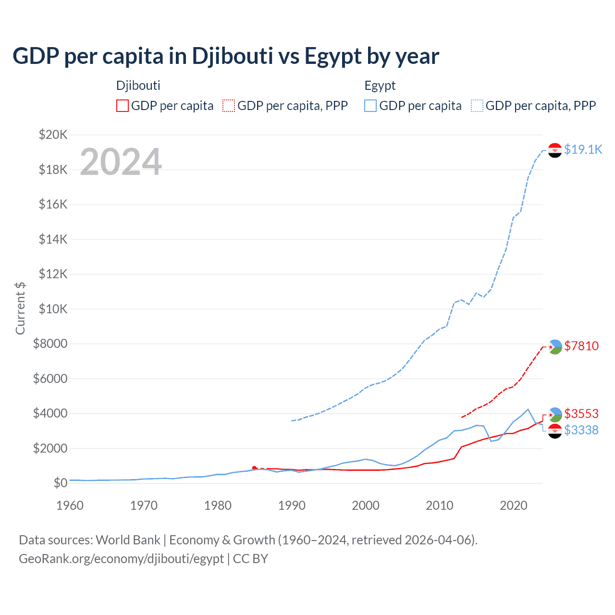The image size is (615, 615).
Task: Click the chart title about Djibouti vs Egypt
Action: [x=226, y=56]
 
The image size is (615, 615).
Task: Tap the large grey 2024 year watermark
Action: [x=121, y=162]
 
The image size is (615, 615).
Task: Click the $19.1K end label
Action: [x=583, y=149]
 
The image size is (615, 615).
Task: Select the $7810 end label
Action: [x=581, y=346]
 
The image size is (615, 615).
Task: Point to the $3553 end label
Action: [x=581, y=414]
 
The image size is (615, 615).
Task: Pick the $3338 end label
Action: [x=581, y=430]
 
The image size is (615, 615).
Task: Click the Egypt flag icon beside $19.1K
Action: [x=555, y=150]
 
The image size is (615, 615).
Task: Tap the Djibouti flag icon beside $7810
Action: [x=555, y=346]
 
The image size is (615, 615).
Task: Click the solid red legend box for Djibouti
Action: [x=123, y=106]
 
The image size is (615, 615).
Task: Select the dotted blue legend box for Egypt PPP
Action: [x=477, y=106]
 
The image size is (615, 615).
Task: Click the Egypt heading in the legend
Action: [x=380, y=86]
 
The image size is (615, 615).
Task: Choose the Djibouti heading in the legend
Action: [x=138, y=86]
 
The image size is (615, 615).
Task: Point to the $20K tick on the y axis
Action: [x=53, y=135]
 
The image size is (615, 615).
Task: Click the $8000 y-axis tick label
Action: [x=50, y=344]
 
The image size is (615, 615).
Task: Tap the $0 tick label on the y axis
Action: [x=61, y=483]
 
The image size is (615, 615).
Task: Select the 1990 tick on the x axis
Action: [x=292, y=505]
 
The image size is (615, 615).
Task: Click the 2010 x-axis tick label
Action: [x=440, y=505]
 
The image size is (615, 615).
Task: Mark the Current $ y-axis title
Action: [x=20, y=308]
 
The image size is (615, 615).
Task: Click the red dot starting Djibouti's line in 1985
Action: [x=254, y=468]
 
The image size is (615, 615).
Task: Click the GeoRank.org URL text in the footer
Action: [x=121, y=559]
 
